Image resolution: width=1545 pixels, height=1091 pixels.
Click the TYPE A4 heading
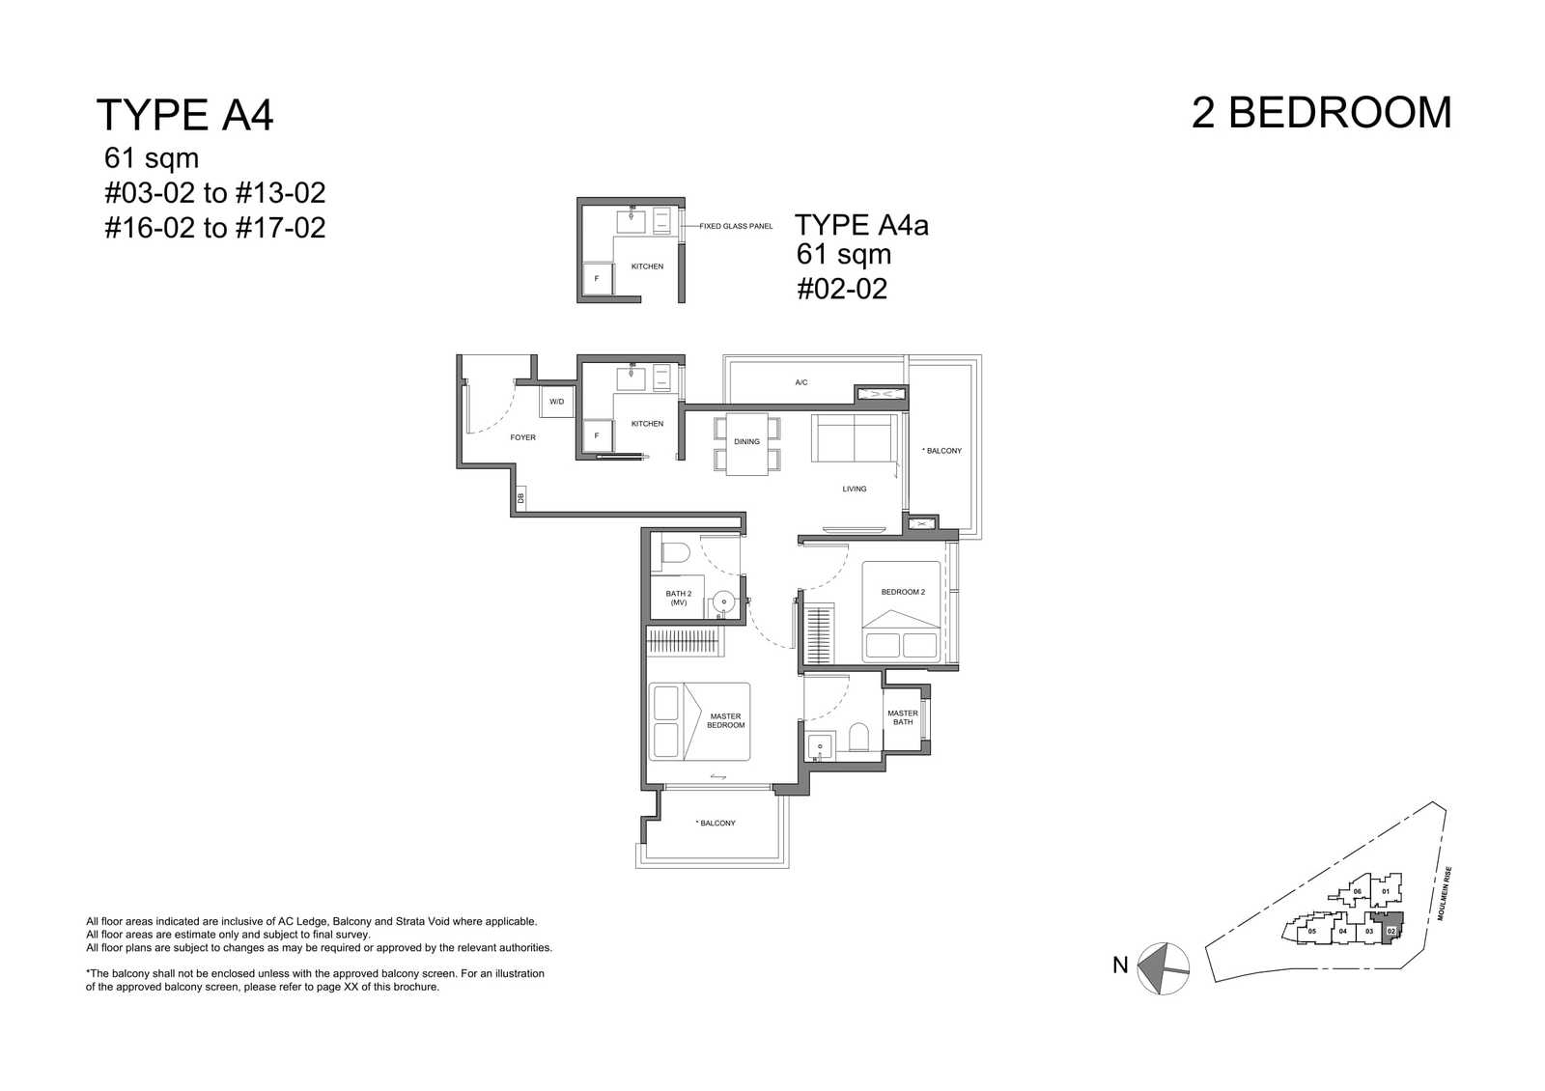click(184, 115)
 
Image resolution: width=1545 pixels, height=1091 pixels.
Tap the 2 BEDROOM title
click(1322, 112)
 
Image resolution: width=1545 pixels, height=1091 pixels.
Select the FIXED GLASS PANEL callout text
click(736, 226)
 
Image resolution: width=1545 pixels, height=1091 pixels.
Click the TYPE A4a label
click(861, 225)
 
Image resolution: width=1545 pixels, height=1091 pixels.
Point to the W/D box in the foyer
click(556, 402)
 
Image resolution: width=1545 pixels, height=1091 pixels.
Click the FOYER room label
click(522, 437)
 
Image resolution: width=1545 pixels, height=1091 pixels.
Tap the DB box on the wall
click(520, 497)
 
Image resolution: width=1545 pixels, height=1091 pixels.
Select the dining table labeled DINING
click(747, 444)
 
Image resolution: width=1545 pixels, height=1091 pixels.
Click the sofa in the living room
click(854, 438)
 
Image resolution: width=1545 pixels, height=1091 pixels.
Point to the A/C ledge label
click(801, 382)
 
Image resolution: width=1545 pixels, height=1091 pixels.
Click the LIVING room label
click(854, 489)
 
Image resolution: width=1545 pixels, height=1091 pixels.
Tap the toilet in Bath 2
click(676, 553)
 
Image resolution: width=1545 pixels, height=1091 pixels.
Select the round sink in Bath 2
click(723, 601)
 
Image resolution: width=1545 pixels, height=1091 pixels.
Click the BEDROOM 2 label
click(903, 592)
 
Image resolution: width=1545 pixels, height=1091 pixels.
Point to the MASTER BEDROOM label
click(725, 720)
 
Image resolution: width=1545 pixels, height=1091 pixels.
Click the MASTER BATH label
click(903, 717)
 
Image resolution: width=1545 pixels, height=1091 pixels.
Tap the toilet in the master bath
click(858, 737)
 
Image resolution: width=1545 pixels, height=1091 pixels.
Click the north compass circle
click(1163, 968)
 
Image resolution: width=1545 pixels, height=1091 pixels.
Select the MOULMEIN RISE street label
click(1445, 893)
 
